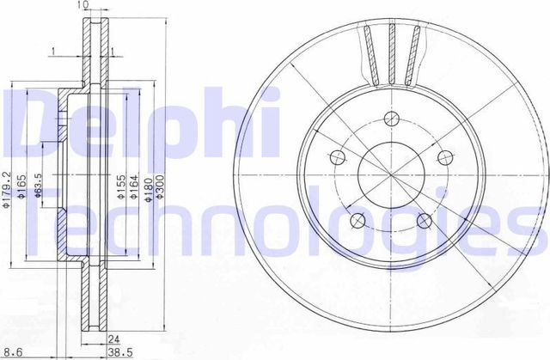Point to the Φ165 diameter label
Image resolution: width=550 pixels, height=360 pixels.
click(23, 182)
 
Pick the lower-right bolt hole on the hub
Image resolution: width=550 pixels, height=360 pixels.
click(425, 223)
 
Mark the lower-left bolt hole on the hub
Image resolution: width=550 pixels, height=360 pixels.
click(357, 223)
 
